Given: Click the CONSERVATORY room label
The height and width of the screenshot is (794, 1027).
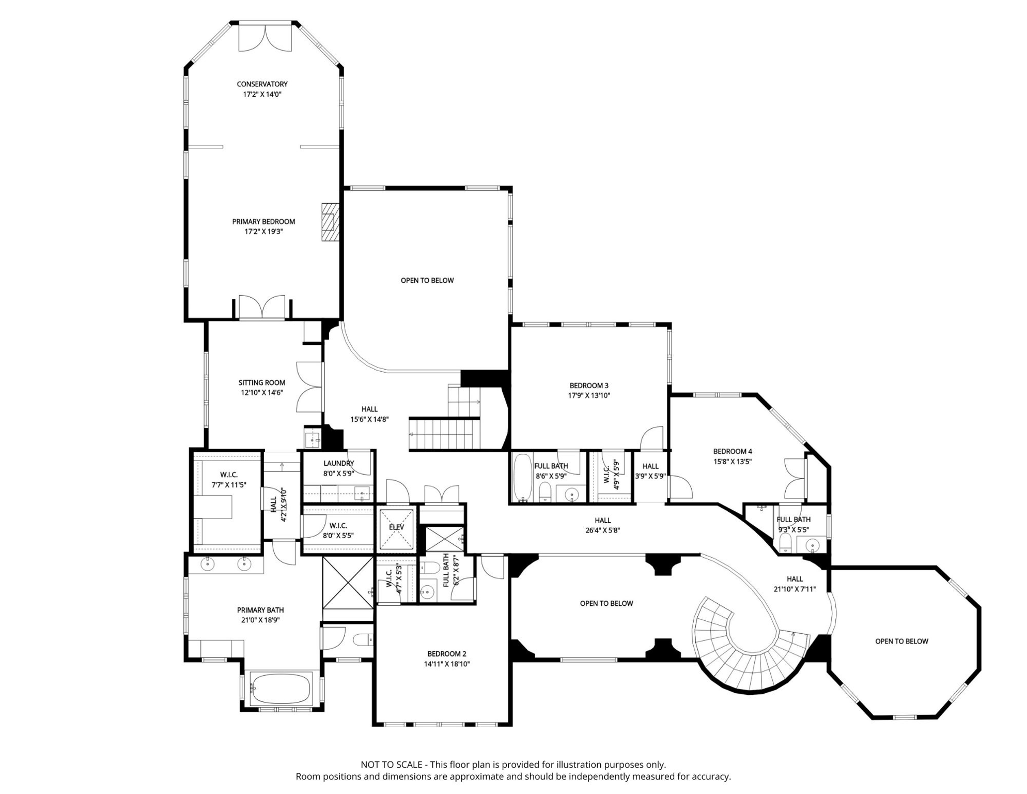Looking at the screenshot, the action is point(262,84).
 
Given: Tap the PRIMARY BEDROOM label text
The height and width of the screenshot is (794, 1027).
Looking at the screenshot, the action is point(263,221).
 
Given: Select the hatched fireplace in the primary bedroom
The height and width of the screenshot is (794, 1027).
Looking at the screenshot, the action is point(330,222).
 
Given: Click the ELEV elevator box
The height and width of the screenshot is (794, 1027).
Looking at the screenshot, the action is point(396,529).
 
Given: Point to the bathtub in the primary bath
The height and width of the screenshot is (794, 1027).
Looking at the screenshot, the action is point(281,689).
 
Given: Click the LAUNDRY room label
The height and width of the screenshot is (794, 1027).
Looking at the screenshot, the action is point(338,463).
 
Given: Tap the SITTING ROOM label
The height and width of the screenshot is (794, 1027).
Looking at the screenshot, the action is point(261,383).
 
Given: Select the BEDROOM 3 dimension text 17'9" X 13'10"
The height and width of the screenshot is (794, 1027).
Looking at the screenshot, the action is point(589,395).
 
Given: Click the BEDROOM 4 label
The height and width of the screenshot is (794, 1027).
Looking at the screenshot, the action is point(733,451).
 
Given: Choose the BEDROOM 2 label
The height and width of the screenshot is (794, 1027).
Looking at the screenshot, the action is point(447,654).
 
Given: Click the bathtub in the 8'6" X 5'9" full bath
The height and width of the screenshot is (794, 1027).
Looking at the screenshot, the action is point(523,478).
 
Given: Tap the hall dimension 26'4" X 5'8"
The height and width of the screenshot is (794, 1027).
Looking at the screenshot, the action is point(603,530).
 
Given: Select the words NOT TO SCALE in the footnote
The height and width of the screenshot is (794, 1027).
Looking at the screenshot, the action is point(392,765).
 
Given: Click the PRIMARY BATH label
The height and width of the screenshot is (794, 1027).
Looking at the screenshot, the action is point(260,610).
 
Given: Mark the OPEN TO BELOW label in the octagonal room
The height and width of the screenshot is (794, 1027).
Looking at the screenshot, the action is point(901,641).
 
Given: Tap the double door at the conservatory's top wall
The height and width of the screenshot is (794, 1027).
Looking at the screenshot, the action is point(265,38).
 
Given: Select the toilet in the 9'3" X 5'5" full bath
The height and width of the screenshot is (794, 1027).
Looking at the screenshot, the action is point(785,543).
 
